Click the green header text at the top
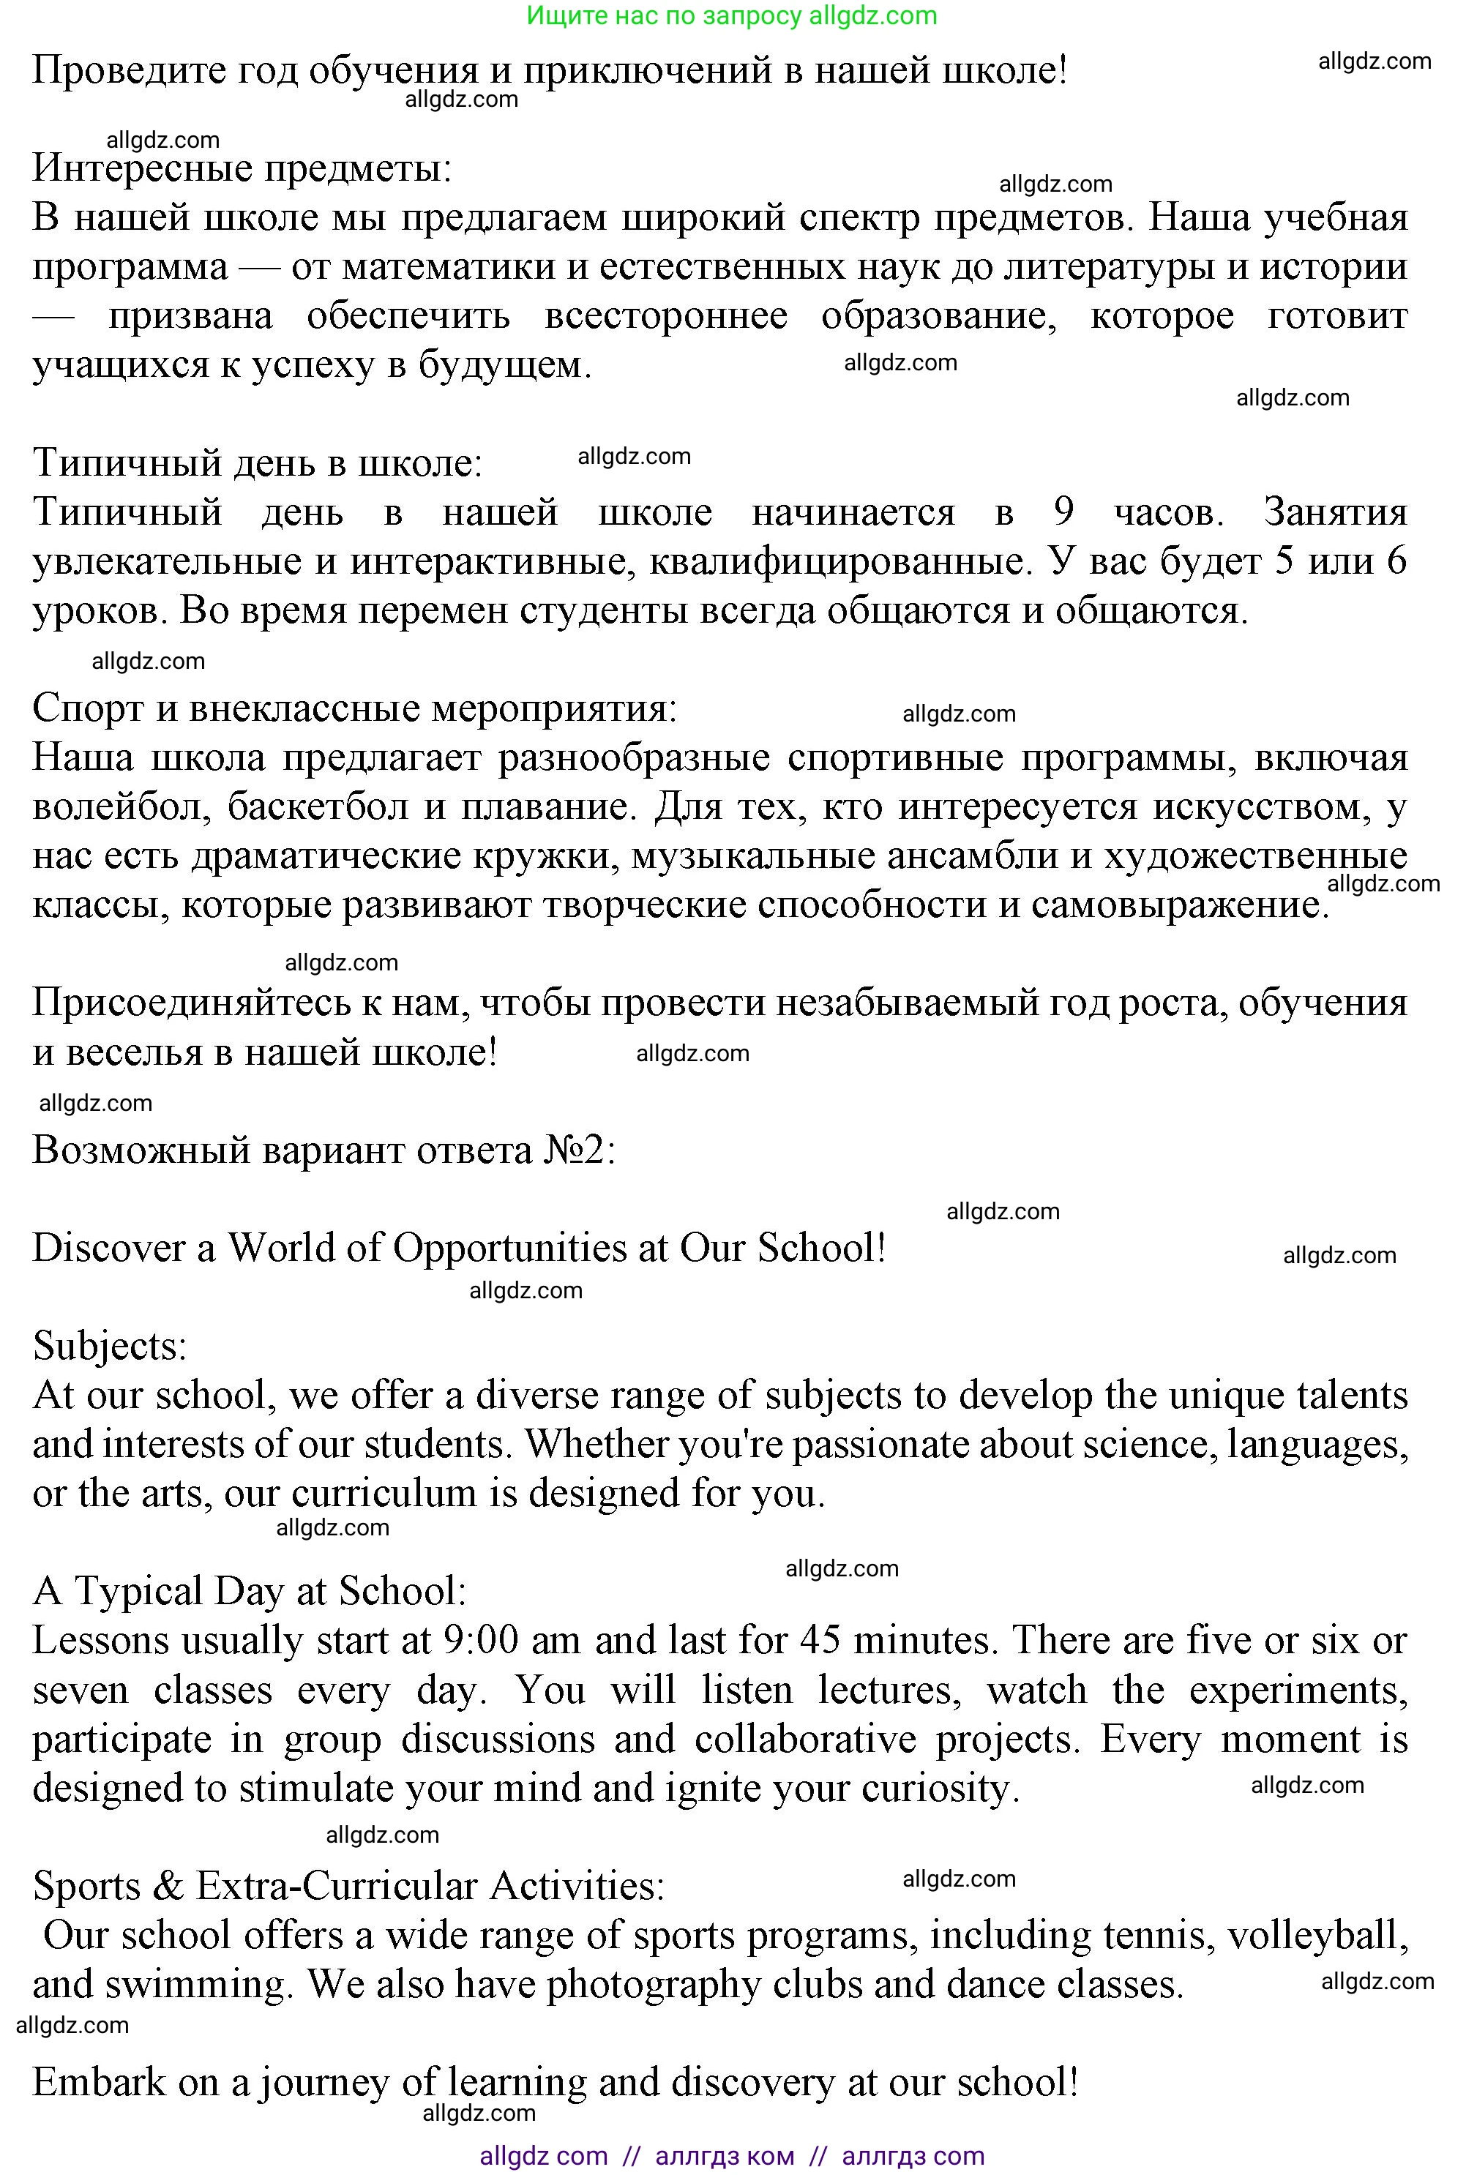pos(731,16)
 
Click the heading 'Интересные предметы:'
pos(242,168)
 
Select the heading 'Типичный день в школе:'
pos(257,463)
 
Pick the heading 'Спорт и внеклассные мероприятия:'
pos(354,708)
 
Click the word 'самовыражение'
pos(1178,905)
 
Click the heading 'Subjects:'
pos(109,1347)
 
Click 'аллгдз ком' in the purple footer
pos(725,2156)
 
